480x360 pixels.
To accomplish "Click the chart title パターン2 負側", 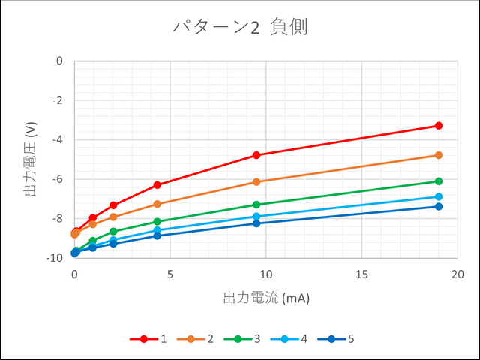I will tap(240, 28).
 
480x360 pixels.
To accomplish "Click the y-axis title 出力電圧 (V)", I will tap(31, 159).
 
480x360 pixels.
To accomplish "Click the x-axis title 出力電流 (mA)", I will tap(266, 298).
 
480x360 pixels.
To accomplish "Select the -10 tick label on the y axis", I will tap(55, 258).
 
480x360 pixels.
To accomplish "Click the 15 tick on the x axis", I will tap(362, 274).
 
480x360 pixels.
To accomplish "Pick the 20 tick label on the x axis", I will tap(458, 274).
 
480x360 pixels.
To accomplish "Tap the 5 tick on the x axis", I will tap(170, 274).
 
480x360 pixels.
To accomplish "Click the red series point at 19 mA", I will tap(439, 126).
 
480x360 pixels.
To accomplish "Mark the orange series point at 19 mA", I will tap(439, 155).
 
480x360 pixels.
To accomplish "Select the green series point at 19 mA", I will tap(439, 181).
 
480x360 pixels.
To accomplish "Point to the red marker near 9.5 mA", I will tap(256, 155).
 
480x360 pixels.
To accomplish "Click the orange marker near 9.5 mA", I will tap(256, 182).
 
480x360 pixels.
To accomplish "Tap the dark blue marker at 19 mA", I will tap(439, 207).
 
